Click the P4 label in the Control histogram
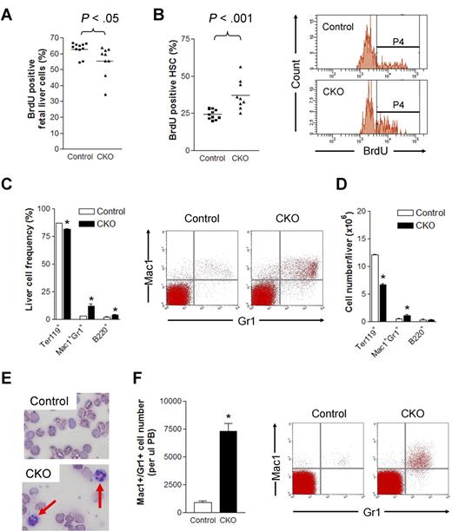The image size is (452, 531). [x=396, y=40]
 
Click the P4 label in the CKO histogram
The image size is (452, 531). [x=396, y=106]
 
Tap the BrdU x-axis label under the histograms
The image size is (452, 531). [x=368, y=161]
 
